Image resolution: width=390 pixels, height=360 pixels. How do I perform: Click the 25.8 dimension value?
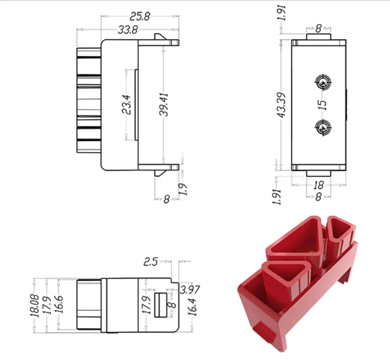140,17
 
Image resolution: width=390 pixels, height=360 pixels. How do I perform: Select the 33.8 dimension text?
128,30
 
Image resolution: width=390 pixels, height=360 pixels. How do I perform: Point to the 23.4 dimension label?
126,104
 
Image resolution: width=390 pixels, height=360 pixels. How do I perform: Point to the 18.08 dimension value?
35,304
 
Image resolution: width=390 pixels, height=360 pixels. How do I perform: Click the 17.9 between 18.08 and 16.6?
47,304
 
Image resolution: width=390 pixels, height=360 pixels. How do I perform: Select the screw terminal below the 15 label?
322,128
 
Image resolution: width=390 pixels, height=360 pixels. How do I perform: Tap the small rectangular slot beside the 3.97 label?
161,305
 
